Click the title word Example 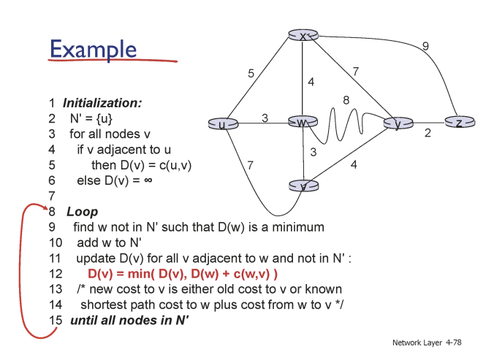tap(93, 49)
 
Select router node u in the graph tap(221, 123)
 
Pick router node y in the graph tap(398, 123)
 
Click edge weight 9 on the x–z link tap(425, 47)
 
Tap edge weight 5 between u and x tap(251, 73)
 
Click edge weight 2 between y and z tap(427, 134)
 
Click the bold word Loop tap(82, 212)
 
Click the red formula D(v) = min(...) tap(183, 274)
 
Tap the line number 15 tap(56, 321)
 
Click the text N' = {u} tap(91, 118)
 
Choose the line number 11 tap(55, 258)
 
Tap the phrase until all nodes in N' tap(130, 321)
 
